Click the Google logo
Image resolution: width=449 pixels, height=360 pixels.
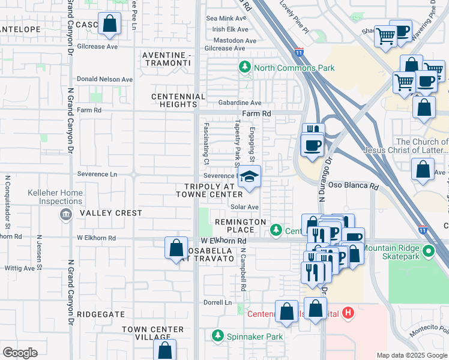point(20,353)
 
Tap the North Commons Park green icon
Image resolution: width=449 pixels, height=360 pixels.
point(245,68)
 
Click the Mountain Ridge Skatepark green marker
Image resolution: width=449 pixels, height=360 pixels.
point(428,249)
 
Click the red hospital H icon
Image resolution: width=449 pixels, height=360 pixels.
point(348,313)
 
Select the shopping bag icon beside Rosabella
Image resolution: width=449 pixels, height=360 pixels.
point(175,247)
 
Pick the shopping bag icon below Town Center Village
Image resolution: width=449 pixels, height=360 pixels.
point(164,350)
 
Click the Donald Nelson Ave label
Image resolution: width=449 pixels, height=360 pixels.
point(105,79)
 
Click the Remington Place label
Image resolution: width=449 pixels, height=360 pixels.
point(240,222)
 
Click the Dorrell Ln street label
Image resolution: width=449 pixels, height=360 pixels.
point(217,302)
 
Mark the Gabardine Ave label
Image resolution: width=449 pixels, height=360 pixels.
point(240,103)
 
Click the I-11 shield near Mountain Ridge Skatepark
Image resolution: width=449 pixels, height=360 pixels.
point(423,229)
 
